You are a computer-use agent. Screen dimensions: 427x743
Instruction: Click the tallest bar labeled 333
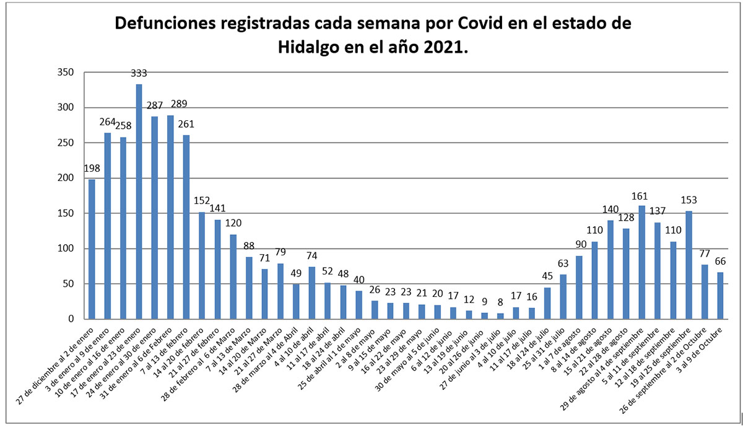tap(139, 201)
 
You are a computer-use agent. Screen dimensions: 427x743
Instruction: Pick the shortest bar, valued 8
tap(500, 316)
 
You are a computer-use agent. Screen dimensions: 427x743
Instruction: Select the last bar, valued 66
tap(721, 296)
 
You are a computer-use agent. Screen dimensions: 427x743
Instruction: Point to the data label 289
tap(170, 103)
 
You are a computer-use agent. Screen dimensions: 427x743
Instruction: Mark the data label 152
tap(202, 201)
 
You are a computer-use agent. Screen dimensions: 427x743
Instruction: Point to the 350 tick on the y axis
tap(65, 73)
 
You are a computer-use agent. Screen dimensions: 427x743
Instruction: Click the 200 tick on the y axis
tap(65, 178)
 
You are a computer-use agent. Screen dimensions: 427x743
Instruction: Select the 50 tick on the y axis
tap(67, 284)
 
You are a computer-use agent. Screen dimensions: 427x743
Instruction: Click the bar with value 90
tap(579, 288)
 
